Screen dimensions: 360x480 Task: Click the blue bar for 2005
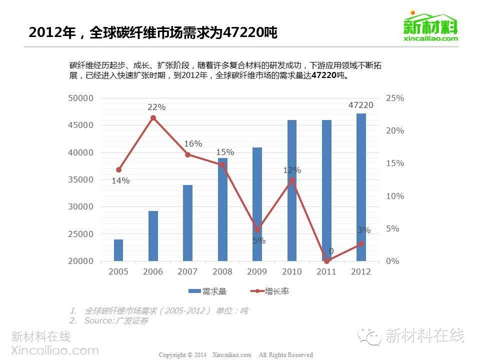118,250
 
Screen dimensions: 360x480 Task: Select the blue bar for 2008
222,209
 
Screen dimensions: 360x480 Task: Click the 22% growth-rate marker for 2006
153,118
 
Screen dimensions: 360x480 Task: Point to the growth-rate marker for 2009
257,230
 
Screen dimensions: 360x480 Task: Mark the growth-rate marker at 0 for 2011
326,261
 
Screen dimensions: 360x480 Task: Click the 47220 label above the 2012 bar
361,105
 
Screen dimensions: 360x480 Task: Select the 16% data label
193,144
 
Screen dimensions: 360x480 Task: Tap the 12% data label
292,170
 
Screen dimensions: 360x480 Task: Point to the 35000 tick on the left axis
81,179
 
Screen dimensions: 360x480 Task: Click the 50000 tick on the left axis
81,98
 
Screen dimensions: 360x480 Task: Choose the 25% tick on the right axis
395,98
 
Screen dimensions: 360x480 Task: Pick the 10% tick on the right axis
395,196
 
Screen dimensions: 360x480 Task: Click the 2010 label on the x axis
292,271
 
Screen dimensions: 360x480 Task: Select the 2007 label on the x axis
188,271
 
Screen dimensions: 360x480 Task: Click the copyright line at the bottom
235,354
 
